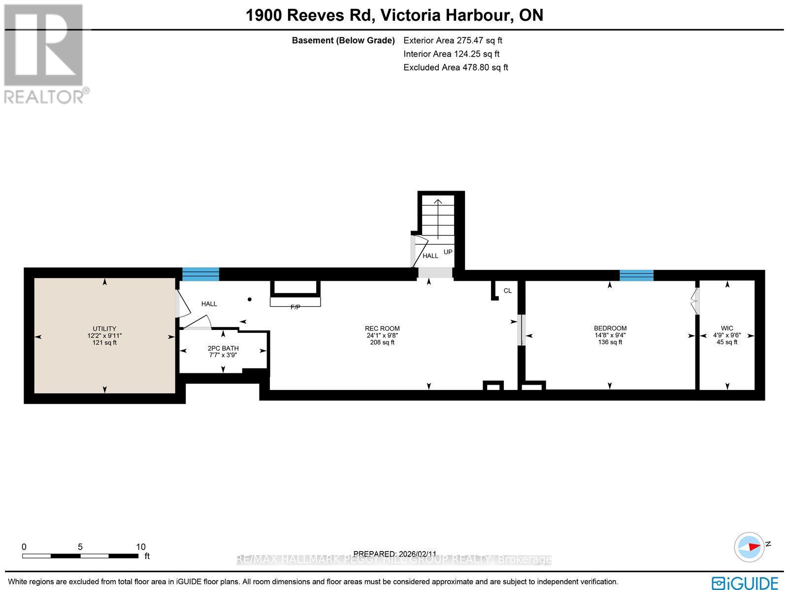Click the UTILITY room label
[x=104, y=328]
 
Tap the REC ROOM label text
[x=382, y=328]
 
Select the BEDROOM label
[x=610, y=328]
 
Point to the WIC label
[x=727, y=328]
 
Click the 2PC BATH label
[x=223, y=348]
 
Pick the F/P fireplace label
[x=295, y=307]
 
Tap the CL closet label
[x=507, y=291]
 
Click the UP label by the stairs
[x=448, y=252]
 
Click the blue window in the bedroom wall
[x=636, y=275]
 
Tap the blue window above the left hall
[x=200, y=274]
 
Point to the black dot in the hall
[x=250, y=299]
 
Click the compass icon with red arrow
[x=749, y=547]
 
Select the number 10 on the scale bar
[x=141, y=547]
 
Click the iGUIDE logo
[x=745, y=583]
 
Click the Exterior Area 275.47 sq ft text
[x=453, y=40]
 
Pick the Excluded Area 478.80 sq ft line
[x=456, y=67]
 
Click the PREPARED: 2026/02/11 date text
[x=395, y=554]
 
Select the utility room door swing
[x=183, y=304]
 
